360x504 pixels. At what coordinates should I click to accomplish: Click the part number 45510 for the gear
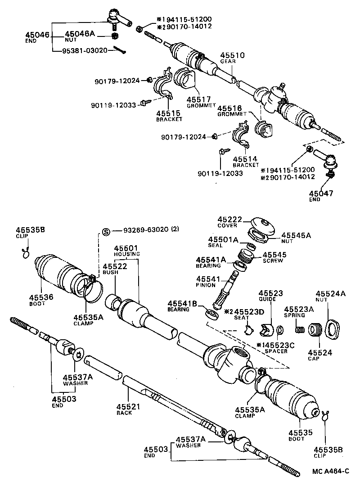tap(232, 55)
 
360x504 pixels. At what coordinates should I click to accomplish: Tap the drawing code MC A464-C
tap(331, 472)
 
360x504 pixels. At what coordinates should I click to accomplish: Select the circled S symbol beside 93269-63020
tap(106, 232)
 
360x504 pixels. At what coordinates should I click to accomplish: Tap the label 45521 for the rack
tap(129, 406)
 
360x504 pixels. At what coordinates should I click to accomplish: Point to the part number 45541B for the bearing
tap(183, 304)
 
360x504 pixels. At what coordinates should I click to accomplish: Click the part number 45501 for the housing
tap(126, 248)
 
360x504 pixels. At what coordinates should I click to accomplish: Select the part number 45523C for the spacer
tap(277, 346)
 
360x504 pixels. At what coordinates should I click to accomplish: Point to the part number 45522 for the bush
tap(115, 266)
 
